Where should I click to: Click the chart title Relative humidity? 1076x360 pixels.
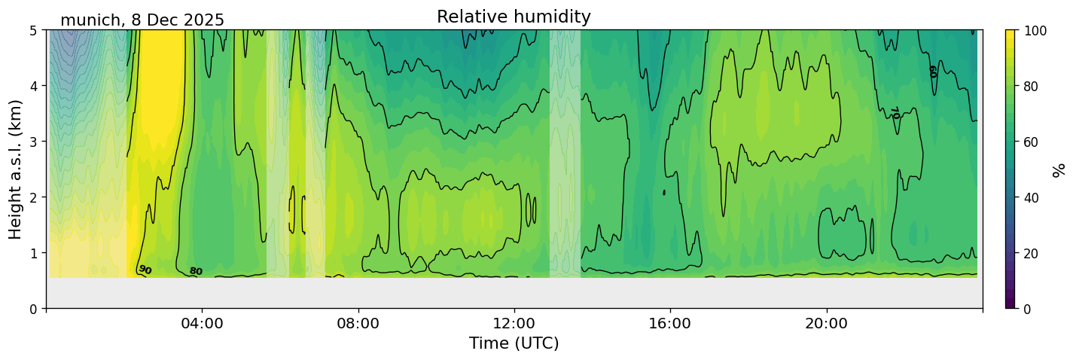click(x=514, y=17)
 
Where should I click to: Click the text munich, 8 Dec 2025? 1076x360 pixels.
click(x=142, y=20)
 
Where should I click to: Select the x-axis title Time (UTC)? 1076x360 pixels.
click(x=514, y=343)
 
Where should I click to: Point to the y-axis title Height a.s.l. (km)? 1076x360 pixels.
click(x=16, y=169)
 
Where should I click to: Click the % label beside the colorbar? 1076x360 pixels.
click(x=1059, y=169)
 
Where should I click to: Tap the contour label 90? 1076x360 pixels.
click(x=145, y=270)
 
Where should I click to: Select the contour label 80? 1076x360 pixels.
click(x=196, y=271)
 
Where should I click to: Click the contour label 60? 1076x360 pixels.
click(x=933, y=72)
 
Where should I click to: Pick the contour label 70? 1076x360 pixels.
click(x=895, y=113)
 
